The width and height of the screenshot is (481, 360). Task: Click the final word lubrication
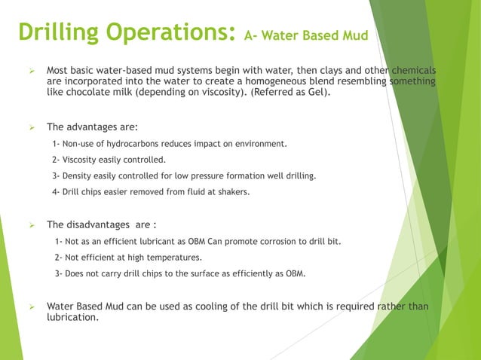[x=72, y=318]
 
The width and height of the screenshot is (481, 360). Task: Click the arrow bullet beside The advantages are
[x=32, y=127]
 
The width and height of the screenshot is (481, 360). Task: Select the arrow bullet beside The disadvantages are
[x=32, y=224]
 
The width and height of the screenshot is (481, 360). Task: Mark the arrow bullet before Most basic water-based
[x=32, y=71]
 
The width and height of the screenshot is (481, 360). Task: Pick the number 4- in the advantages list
[x=56, y=192]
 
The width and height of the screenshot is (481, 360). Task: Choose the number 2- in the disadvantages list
[x=59, y=257]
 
